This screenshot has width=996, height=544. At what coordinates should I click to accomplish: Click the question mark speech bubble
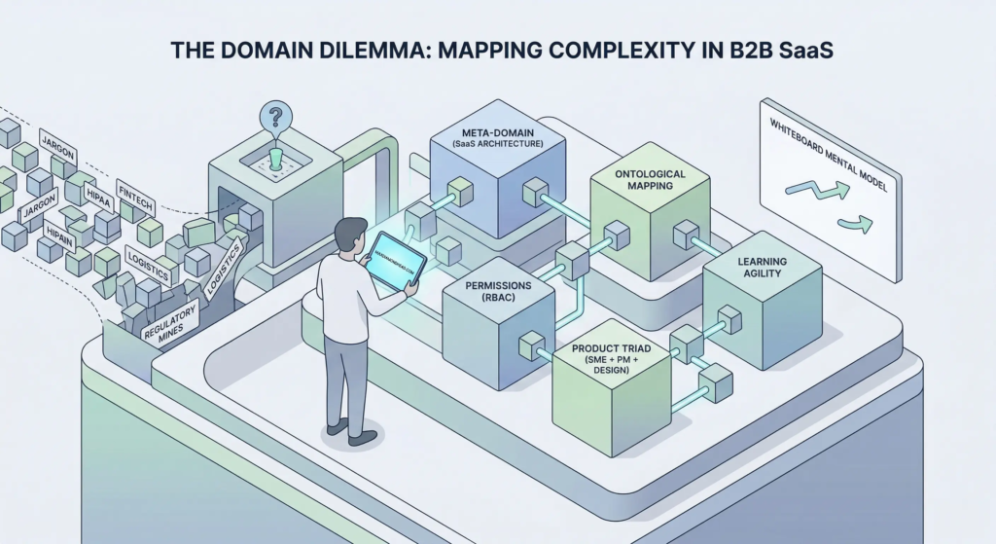pos(277,118)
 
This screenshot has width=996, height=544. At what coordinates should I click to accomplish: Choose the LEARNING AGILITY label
pos(763,269)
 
